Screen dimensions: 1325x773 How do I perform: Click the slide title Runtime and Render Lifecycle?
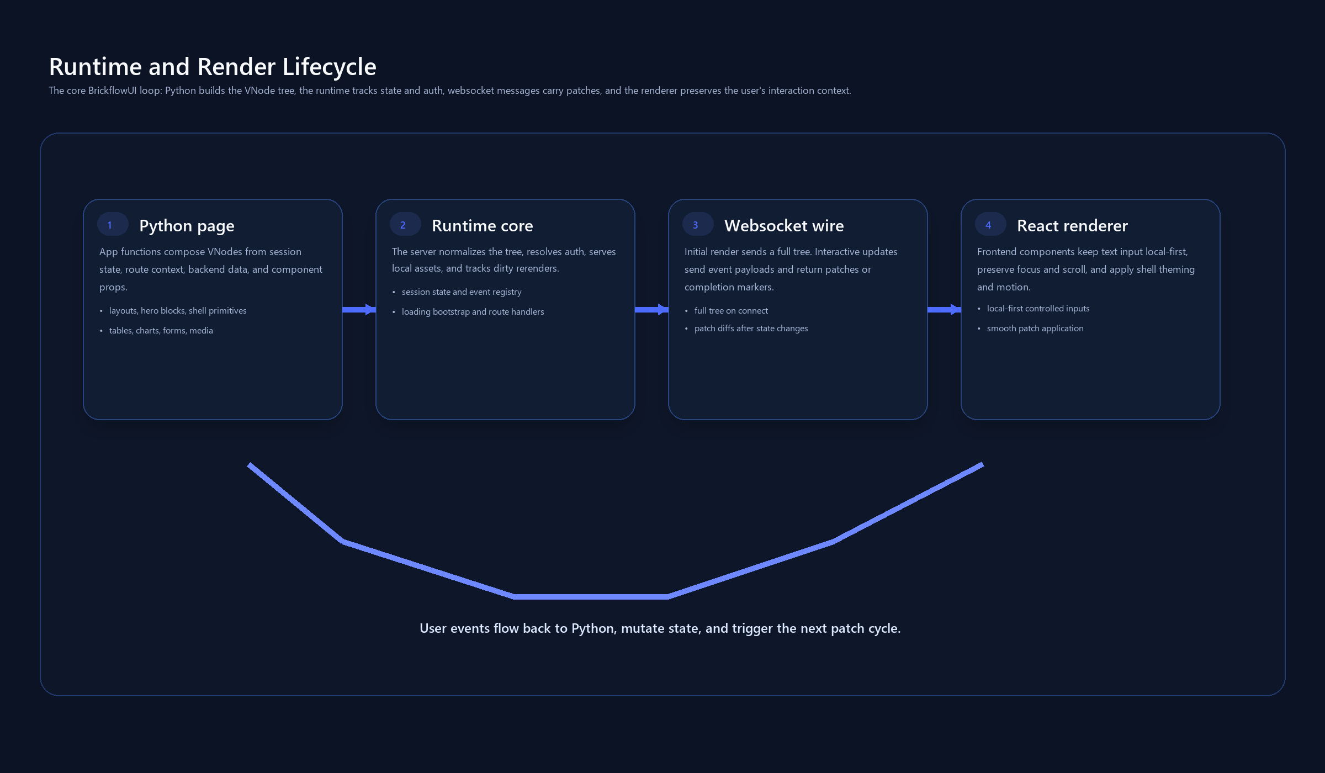click(x=213, y=67)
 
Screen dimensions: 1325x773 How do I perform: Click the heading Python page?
click(x=187, y=226)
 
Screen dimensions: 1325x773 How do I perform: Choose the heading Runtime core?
click(x=482, y=226)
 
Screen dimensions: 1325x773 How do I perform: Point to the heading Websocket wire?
click(x=784, y=226)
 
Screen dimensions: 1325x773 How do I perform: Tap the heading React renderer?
click(x=1072, y=226)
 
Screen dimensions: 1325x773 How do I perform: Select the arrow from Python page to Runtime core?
click(x=359, y=309)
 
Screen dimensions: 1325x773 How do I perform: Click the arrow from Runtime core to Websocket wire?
click(x=651, y=309)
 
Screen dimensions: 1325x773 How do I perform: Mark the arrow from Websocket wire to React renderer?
click(x=944, y=309)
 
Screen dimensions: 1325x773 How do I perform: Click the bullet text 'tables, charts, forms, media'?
click(x=161, y=331)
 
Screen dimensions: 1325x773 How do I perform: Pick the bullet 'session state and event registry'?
click(x=462, y=292)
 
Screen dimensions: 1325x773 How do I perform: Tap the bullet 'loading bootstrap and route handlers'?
click(x=473, y=312)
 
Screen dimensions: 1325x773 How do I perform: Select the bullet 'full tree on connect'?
click(x=731, y=311)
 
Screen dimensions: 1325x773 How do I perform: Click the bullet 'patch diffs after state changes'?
click(x=751, y=329)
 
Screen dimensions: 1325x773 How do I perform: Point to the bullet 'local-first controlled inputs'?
click(x=1038, y=309)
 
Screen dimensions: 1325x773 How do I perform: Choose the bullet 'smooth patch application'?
click(x=1035, y=329)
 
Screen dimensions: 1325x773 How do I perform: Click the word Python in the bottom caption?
click(x=592, y=629)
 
